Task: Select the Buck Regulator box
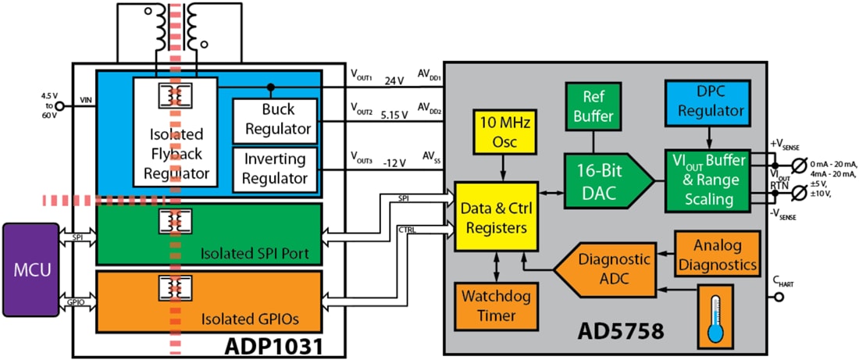pos(275,118)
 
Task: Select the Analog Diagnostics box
pos(716,253)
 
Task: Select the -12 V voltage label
pos(394,162)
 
